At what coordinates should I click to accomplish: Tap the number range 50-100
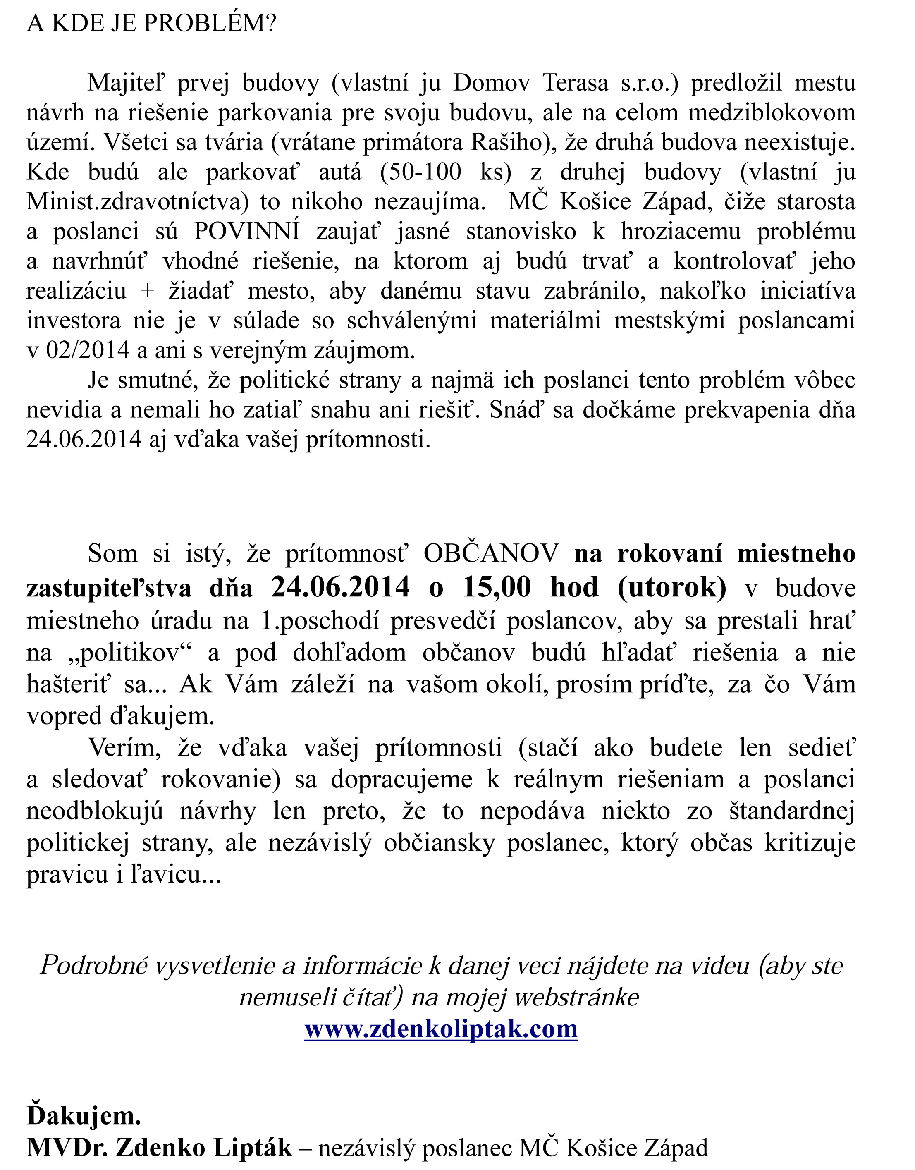tap(420, 172)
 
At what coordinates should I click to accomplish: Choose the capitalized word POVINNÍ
tap(246, 232)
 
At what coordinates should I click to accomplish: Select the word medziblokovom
tap(772, 113)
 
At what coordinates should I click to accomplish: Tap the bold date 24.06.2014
tap(341, 587)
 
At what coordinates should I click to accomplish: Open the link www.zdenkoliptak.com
tap(441, 1029)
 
